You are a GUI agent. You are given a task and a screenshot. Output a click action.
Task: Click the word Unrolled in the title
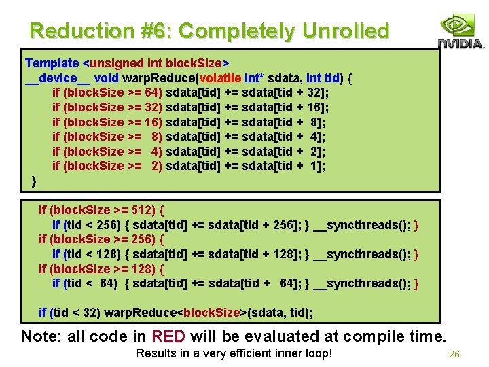[346, 31]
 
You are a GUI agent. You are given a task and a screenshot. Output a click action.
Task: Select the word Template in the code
[53, 63]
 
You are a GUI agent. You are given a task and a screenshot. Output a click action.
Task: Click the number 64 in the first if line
[153, 92]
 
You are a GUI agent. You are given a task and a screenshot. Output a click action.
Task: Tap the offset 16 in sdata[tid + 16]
[314, 107]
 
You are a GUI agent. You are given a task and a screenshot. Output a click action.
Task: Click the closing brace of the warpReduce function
[34, 181]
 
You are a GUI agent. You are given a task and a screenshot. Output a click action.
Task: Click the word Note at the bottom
[38, 336]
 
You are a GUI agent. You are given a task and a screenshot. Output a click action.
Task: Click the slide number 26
[454, 354]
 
